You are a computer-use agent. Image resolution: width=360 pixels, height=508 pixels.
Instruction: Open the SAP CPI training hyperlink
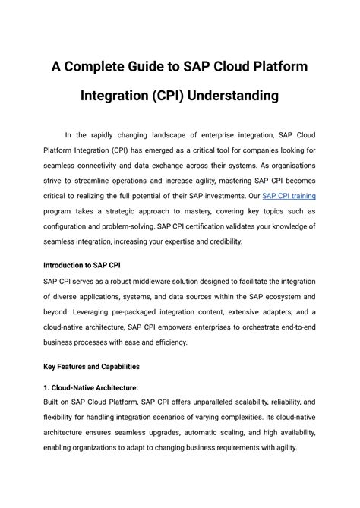[x=289, y=195]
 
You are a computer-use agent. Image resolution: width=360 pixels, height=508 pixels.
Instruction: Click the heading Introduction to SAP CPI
[x=82, y=266]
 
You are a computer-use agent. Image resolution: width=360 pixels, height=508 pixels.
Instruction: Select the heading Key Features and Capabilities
[x=91, y=366]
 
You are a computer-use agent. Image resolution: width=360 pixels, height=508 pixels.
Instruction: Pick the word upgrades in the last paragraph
[x=161, y=432]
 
